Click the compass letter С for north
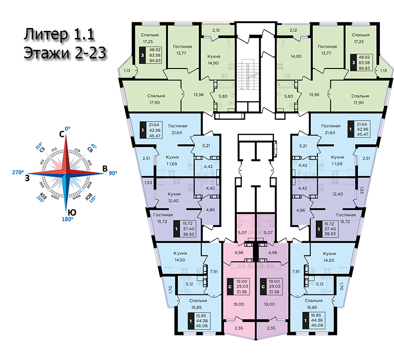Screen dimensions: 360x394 pyautogui.click(x=61, y=135)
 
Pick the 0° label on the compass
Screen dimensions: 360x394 pyautogui.click(x=67, y=128)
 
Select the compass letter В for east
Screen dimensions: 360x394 pyautogui.click(x=104, y=169)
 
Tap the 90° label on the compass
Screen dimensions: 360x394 pyautogui.click(x=113, y=173)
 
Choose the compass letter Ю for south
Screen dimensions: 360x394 pyautogui.click(x=70, y=211)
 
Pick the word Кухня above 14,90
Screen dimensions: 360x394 pyautogui.click(x=214, y=57)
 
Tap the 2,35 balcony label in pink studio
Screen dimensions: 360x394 pyautogui.click(x=238, y=328)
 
